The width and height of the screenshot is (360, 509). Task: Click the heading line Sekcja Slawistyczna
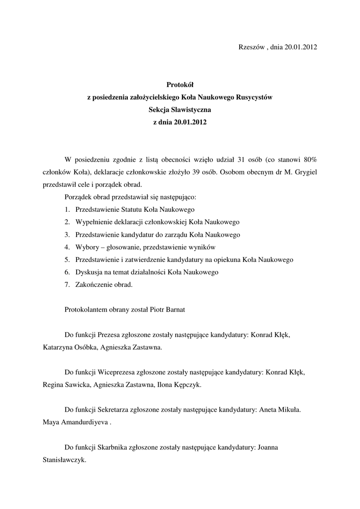[180, 110]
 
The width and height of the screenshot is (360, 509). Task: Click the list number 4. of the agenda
[67, 247]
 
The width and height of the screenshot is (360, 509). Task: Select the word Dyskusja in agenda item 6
[88, 272]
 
